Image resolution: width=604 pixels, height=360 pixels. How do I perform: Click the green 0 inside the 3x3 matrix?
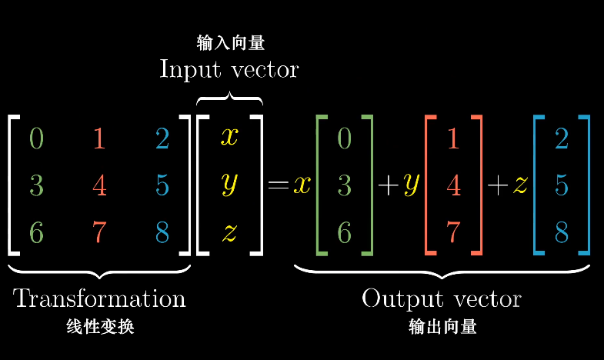(36, 138)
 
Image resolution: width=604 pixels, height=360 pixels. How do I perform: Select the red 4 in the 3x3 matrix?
(99, 185)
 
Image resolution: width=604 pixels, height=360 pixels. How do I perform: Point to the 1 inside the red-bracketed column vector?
(453, 138)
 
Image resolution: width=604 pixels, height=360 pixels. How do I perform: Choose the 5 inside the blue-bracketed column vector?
(562, 185)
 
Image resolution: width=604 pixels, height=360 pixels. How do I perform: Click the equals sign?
(278, 186)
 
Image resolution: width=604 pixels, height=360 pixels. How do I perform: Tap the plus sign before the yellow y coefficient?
(387, 186)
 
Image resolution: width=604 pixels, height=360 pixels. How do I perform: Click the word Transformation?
(99, 298)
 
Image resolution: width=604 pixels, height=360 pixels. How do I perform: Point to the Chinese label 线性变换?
(100, 327)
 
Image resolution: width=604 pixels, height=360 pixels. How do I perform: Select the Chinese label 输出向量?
(442, 327)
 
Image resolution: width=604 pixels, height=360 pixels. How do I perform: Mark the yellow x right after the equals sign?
(301, 186)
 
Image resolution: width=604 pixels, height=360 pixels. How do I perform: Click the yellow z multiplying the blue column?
(521, 186)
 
